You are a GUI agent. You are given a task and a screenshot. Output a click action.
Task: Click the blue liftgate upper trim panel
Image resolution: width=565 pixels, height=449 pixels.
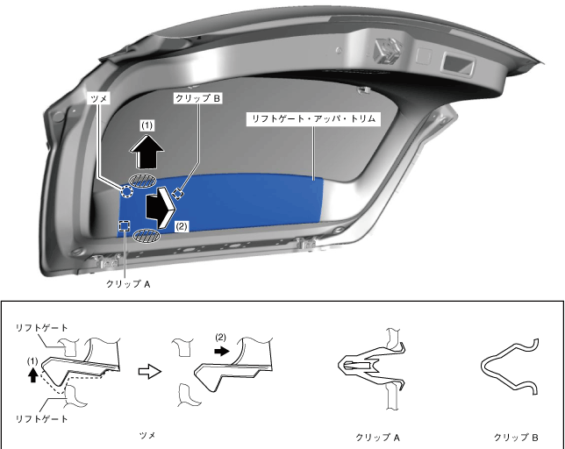coord(254,202)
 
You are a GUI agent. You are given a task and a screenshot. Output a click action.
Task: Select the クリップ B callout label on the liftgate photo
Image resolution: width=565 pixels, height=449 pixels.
coord(197,99)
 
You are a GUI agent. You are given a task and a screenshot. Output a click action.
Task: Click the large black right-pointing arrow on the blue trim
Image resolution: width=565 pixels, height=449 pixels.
coord(163,205)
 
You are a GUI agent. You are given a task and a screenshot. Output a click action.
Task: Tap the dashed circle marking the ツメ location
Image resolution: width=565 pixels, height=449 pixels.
coord(128,190)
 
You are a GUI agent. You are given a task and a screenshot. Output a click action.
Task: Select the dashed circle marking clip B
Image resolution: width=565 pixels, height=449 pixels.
coord(178,194)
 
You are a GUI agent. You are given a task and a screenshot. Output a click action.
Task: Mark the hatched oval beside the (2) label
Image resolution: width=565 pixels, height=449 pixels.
coord(148,235)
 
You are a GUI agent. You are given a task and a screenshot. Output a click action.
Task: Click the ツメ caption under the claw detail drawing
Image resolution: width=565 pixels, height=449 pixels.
coord(147,434)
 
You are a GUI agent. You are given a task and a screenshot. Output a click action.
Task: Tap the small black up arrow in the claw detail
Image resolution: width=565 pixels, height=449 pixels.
coord(33,375)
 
